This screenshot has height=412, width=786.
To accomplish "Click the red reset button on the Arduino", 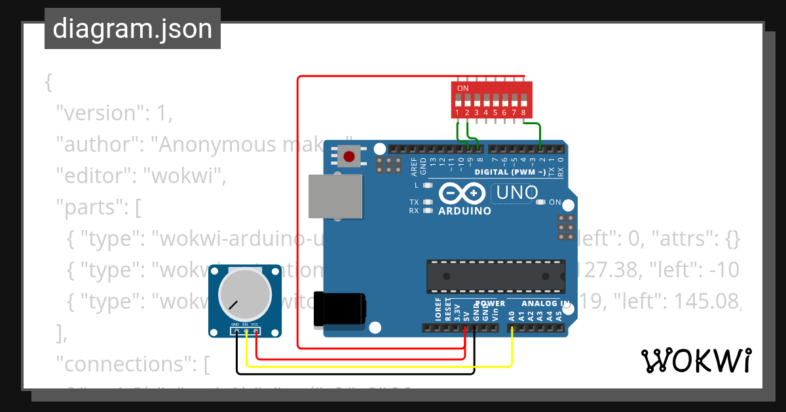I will coord(350,157).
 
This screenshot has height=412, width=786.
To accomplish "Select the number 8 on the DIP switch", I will coord(523,112).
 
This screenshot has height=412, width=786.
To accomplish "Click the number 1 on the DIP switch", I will coord(458,112).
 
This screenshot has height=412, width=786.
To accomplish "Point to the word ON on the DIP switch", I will coord(462,88).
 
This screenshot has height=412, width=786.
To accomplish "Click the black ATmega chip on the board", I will coord(495,276).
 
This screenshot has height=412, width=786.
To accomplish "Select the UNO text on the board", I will coord(517,193).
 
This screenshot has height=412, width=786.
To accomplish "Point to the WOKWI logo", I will coord(696,360).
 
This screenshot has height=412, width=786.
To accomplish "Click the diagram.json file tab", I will coord(132,29).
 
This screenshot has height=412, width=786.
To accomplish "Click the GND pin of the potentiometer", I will coord(234,325).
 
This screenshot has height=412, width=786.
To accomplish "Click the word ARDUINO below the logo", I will coord(464,211).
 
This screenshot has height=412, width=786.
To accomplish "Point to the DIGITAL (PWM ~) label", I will coord(510,173).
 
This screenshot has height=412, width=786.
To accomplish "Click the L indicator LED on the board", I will coord(428,185).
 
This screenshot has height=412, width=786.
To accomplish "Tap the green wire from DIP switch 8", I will coord(539,134).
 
